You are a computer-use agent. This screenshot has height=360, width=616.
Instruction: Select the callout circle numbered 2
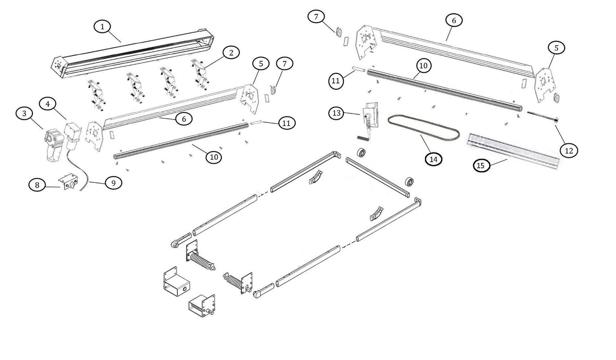pyautogui.click(x=231, y=52)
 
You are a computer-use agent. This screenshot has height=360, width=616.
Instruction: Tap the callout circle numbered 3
pyautogui.click(x=23, y=114)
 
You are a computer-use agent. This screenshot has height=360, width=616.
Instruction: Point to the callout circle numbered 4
pyautogui.click(x=48, y=104)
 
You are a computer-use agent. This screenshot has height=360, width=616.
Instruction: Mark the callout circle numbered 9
pyautogui.click(x=113, y=182)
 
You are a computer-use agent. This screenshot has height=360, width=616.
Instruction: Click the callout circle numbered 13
pyautogui.click(x=337, y=112)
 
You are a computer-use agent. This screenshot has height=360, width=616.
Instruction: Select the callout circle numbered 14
pyautogui.click(x=434, y=159)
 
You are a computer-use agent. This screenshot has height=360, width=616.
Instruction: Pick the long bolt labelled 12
pyautogui.click(x=542, y=118)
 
